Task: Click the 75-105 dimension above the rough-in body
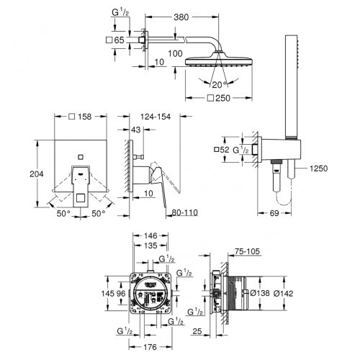246,252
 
